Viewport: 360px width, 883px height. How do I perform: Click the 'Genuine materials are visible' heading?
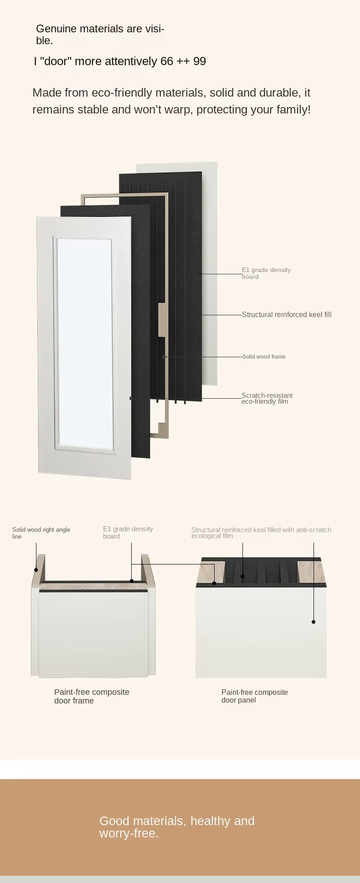point(100,35)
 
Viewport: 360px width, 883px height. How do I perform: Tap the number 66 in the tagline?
point(167,62)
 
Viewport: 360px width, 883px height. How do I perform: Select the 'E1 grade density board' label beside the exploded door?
point(266,273)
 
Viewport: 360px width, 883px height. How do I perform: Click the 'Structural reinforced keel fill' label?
point(287,315)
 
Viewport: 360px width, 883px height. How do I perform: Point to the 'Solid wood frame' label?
point(264,357)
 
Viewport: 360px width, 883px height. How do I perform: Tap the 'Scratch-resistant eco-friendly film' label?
point(267,398)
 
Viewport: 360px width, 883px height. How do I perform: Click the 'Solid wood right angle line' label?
point(41,533)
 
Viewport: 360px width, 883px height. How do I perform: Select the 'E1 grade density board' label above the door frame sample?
point(128,532)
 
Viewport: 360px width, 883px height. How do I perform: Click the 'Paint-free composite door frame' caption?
point(92,696)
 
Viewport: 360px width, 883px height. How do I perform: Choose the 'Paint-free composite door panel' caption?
point(254,696)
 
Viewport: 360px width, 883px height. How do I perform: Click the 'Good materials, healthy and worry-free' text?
point(177,827)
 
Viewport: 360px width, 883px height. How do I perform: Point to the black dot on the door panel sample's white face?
point(314,621)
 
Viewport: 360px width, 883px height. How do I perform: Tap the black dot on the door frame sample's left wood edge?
point(36,570)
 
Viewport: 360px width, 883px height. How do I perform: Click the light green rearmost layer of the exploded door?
point(210,273)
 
